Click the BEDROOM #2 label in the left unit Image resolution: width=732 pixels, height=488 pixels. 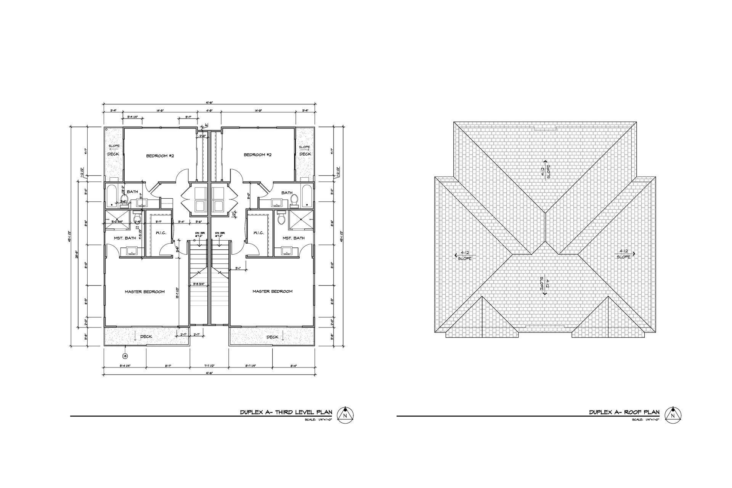click(x=161, y=155)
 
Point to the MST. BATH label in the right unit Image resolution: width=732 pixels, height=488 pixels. click(x=294, y=238)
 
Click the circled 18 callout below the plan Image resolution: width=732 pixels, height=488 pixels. click(x=125, y=356)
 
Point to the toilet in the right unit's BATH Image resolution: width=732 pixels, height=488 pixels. click(x=294, y=200)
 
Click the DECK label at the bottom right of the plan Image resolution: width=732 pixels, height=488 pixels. click(x=272, y=337)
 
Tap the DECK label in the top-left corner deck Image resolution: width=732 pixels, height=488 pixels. click(x=113, y=154)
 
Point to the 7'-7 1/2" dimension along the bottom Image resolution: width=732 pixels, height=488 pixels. click(x=209, y=366)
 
